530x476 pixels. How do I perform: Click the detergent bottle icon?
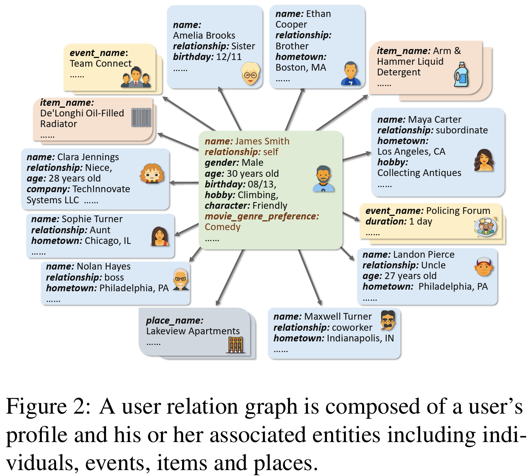[461, 75]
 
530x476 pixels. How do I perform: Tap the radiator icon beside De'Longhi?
[141, 117]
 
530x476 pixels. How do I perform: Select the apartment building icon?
[236, 345]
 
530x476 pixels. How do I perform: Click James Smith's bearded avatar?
[323, 179]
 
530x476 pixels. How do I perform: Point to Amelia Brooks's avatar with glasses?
[251, 73]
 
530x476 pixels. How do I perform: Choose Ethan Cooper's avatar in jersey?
[350, 74]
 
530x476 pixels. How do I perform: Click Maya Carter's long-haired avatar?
[484, 160]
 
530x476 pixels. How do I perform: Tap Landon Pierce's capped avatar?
[483, 267]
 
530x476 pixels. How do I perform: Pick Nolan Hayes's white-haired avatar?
[181, 279]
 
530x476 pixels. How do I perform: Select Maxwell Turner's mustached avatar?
[388, 320]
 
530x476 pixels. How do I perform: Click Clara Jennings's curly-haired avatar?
[152, 174]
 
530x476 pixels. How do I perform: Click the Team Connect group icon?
[136, 78]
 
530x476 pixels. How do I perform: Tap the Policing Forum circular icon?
[485, 227]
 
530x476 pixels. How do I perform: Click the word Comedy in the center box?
[222, 227]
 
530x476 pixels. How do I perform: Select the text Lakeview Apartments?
[193, 331]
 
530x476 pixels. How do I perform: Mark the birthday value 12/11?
[229, 57]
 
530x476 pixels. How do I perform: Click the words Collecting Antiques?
[419, 173]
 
